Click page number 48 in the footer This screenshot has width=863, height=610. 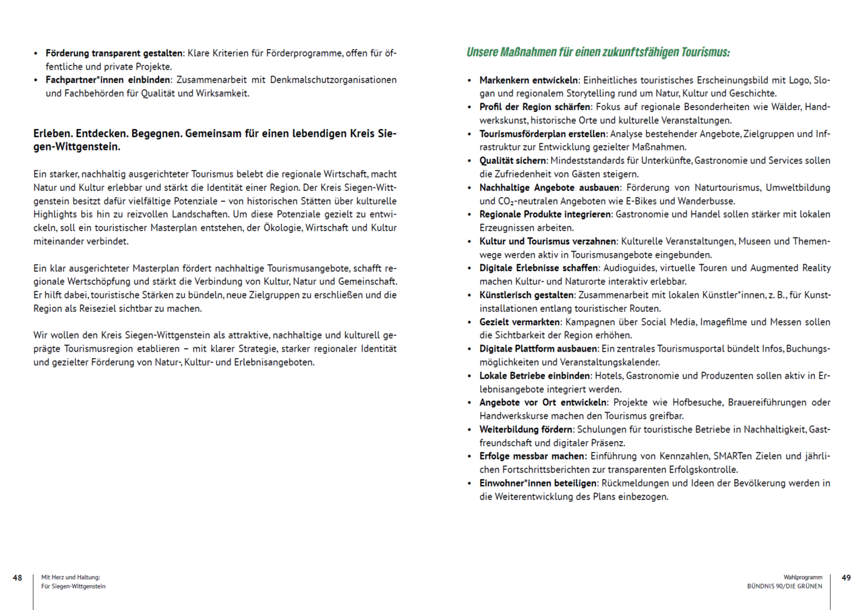(x=18, y=578)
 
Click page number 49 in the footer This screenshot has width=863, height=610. (x=846, y=578)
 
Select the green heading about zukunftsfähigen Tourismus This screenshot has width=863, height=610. (x=598, y=52)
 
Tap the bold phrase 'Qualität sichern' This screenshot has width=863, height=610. (x=513, y=161)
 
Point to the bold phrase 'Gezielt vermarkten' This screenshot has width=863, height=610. (x=520, y=322)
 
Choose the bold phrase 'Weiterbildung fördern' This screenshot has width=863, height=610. (x=525, y=429)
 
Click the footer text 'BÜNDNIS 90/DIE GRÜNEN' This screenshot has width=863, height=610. (x=785, y=586)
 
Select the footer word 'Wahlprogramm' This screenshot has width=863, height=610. (x=803, y=578)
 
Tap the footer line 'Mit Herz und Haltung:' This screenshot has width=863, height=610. (x=70, y=578)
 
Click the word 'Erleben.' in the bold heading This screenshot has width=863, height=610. (x=54, y=134)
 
